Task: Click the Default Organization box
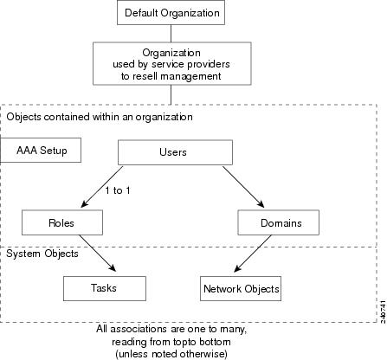(171, 12)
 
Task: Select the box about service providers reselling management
(172, 63)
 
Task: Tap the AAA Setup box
(41, 150)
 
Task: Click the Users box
(175, 152)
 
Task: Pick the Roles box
(62, 222)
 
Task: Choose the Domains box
(279, 222)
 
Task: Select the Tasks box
(105, 288)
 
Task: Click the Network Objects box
(241, 288)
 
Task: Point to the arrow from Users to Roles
(102, 187)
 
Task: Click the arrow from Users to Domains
(243, 187)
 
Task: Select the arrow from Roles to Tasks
(98, 254)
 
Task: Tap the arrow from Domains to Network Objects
(253, 254)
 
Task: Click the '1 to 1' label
(118, 190)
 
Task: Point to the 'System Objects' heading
(42, 254)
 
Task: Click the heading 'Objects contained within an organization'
(100, 117)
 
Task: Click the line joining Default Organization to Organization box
(171, 34)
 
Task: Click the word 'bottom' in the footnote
(216, 342)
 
